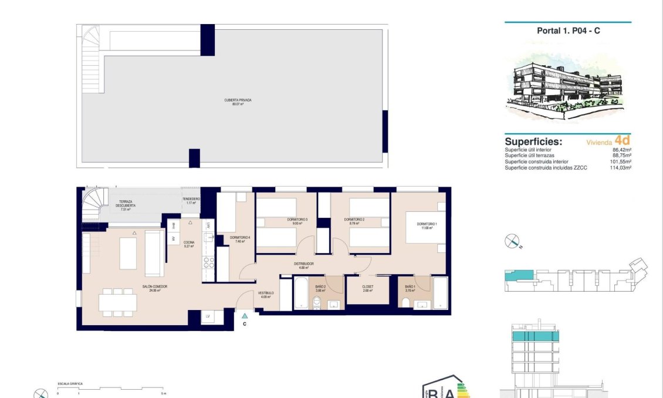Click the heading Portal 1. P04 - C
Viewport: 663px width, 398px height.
click(568, 31)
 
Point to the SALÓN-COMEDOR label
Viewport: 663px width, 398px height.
click(155, 288)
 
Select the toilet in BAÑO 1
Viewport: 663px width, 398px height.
click(405, 302)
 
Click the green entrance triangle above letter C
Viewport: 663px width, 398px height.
click(245, 316)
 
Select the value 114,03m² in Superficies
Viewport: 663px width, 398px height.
click(620, 168)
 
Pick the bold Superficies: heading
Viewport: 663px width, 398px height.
click(533, 142)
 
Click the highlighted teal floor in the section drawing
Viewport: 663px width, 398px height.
click(535, 336)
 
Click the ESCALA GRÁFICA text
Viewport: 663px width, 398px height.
click(70, 384)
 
